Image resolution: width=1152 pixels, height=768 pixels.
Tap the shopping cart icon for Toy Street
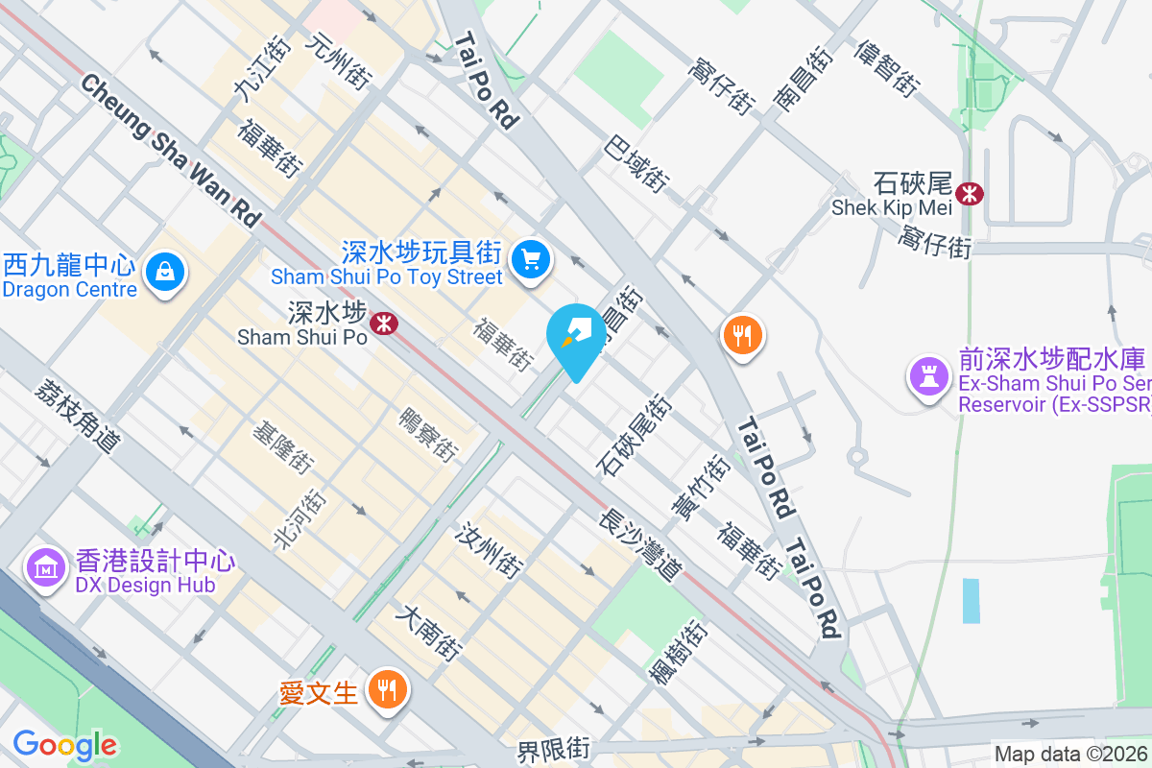click(x=530, y=259)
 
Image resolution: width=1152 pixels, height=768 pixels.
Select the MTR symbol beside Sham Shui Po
click(x=384, y=324)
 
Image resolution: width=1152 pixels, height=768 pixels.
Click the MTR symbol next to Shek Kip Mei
click(x=971, y=193)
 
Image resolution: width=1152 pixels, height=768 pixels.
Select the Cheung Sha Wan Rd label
click(x=171, y=152)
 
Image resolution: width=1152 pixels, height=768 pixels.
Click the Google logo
click(x=64, y=744)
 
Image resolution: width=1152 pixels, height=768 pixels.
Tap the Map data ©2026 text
click(x=1070, y=755)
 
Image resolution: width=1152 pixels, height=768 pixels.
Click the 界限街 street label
click(x=554, y=750)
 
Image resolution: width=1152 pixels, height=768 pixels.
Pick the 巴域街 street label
click(x=636, y=162)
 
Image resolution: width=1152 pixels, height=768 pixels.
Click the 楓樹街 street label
click(x=679, y=653)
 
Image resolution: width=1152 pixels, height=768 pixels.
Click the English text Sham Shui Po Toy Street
click(x=387, y=277)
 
